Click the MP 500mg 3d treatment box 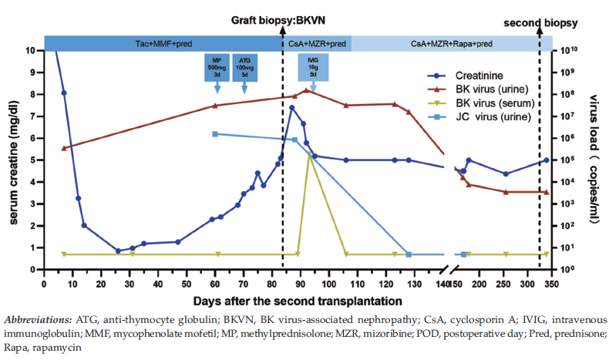tap(217, 67)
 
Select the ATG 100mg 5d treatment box tap(245, 67)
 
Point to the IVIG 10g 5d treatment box tap(313, 67)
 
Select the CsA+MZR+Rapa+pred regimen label tap(451, 44)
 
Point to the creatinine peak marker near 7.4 tap(291, 108)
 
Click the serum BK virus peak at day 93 tap(309, 154)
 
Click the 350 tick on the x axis tap(547, 284)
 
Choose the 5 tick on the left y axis tap(31, 160)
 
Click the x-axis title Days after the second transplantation tap(297, 300)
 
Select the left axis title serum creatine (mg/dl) tap(14, 160)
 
